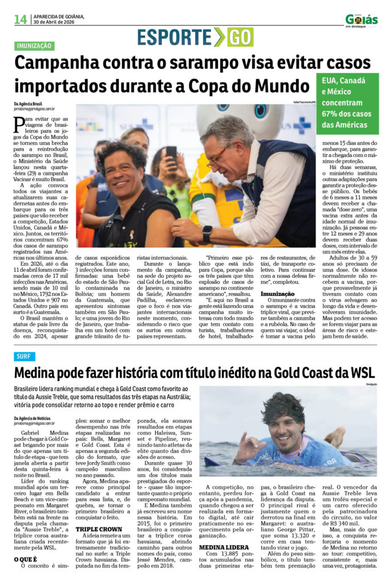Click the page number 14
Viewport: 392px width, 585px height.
click(21, 19)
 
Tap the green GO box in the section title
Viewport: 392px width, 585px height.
click(240, 37)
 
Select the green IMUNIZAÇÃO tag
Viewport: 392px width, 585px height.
click(34, 46)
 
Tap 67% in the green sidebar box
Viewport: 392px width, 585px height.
click(333, 114)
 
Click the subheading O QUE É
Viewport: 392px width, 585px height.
click(26, 559)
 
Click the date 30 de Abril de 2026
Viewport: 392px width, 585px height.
click(59, 23)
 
